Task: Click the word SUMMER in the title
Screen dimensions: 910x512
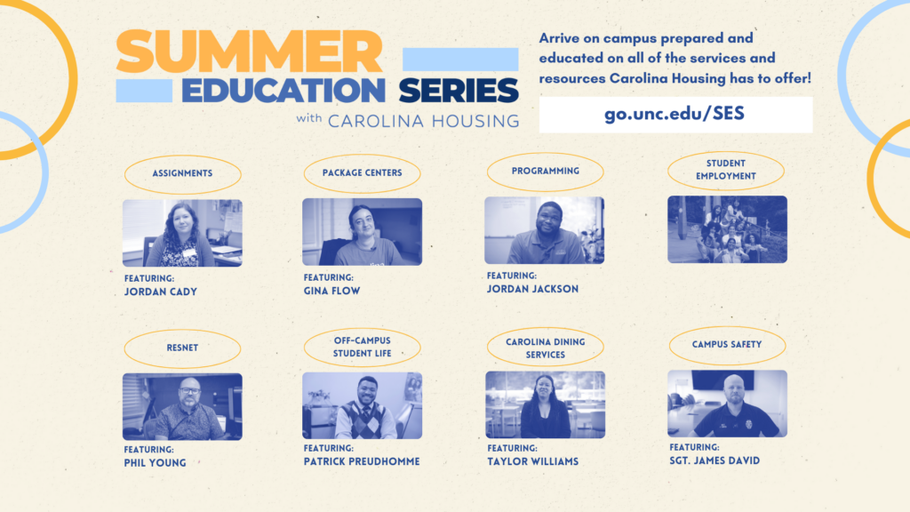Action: coord(250,52)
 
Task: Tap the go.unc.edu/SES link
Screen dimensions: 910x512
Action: coord(675,113)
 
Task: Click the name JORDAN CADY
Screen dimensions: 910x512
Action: coord(161,292)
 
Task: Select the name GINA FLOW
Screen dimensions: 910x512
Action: coord(332,291)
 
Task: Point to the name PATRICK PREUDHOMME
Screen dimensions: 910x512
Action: coord(362,461)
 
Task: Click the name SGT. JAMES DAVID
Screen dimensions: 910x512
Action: coord(714,460)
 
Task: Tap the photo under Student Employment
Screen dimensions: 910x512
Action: coord(727,229)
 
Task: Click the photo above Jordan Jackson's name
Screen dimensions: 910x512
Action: coord(545,230)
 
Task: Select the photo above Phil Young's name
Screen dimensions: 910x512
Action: coord(182,406)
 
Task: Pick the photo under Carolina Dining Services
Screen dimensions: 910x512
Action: coord(545,404)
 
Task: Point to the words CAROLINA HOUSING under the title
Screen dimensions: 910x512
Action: coord(424,121)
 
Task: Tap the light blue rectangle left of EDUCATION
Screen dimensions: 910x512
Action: coord(144,91)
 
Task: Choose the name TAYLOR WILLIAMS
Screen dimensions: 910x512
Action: coord(533,461)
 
